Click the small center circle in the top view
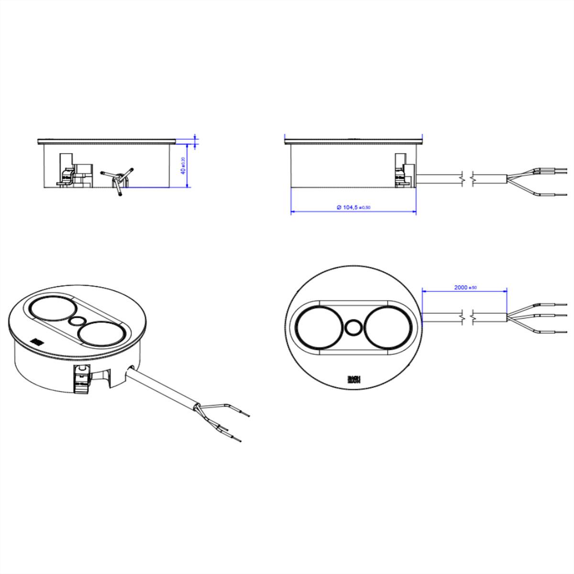pyautogui.click(x=353, y=328)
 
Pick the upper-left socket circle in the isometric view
pyautogui.click(x=50, y=309)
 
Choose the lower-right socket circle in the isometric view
pyautogui.click(x=100, y=333)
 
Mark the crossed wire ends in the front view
pyautogui.click(x=117, y=178)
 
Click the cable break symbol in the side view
pyautogui.click(x=466, y=178)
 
